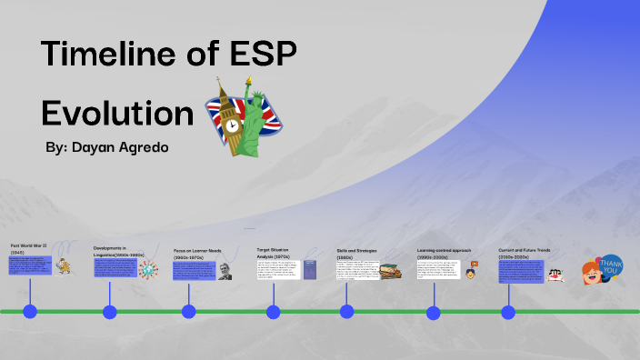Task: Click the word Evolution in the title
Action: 117,113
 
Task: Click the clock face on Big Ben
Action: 231,124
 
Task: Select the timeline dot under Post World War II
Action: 30,312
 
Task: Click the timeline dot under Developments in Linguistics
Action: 110,312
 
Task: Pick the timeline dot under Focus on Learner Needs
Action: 188,312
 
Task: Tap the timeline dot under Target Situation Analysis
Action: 273,312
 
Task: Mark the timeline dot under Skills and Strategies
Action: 346,312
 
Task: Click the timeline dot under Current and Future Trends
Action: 508,312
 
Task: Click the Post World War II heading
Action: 28,248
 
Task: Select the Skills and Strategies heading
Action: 356,251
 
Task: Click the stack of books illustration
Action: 391,271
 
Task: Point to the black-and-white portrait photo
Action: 225,270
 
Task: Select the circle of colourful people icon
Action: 147,269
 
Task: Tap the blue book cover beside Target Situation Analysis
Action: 310,270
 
